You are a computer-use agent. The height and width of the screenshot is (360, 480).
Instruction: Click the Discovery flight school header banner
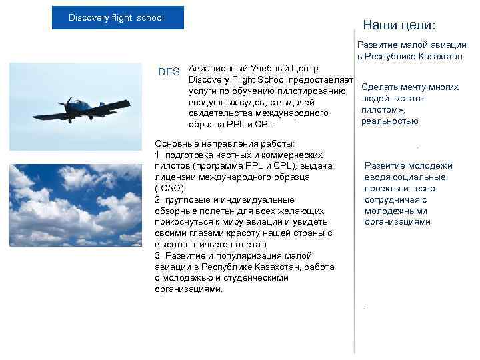[x=117, y=18]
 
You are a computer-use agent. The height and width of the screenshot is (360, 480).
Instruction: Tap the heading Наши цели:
[x=399, y=25]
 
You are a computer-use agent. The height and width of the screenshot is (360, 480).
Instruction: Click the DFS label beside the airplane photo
[x=169, y=71]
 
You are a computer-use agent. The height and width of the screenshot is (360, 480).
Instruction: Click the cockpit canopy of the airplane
[x=81, y=103]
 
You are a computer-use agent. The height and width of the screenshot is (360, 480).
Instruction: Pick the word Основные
[x=173, y=143]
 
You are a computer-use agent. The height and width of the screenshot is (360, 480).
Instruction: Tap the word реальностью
[x=390, y=121]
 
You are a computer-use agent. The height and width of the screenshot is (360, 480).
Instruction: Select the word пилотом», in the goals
[x=383, y=110]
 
